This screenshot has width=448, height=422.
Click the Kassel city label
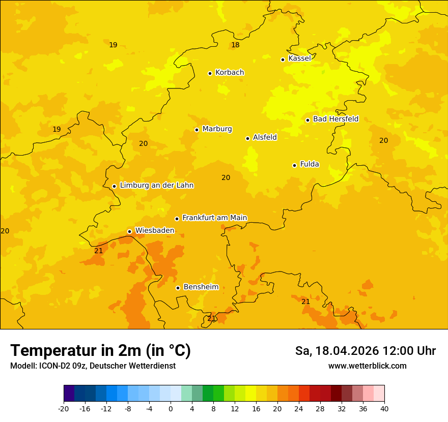tap(299, 58)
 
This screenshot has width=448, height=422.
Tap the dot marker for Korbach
tap(210, 73)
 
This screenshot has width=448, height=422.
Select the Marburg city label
tap(217, 129)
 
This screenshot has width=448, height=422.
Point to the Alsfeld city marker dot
tap(247, 138)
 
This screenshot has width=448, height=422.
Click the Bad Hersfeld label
tap(335, 119)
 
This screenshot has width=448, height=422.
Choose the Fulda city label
tap(310, 164)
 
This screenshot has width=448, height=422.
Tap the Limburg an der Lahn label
tap(156, 186)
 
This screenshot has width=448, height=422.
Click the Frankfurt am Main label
tap(214, 218)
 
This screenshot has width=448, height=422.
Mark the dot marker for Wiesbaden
tap(129, 231)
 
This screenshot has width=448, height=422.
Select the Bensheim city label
tap(201, 287)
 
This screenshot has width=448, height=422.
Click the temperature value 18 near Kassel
tap(235, 45)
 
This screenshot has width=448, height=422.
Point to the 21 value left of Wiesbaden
tap(99, 251)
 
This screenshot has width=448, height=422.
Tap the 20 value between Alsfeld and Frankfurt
tap(226, 177)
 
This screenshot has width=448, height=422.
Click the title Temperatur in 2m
tap(100, 350)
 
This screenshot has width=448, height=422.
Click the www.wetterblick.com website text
tap(367, 366)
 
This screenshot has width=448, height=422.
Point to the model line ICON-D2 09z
tap(93, 366)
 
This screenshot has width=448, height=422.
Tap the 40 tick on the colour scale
tap(384, 409)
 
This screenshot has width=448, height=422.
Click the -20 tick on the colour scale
tap(64, 409)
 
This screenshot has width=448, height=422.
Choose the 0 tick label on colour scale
tap(171, 409)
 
